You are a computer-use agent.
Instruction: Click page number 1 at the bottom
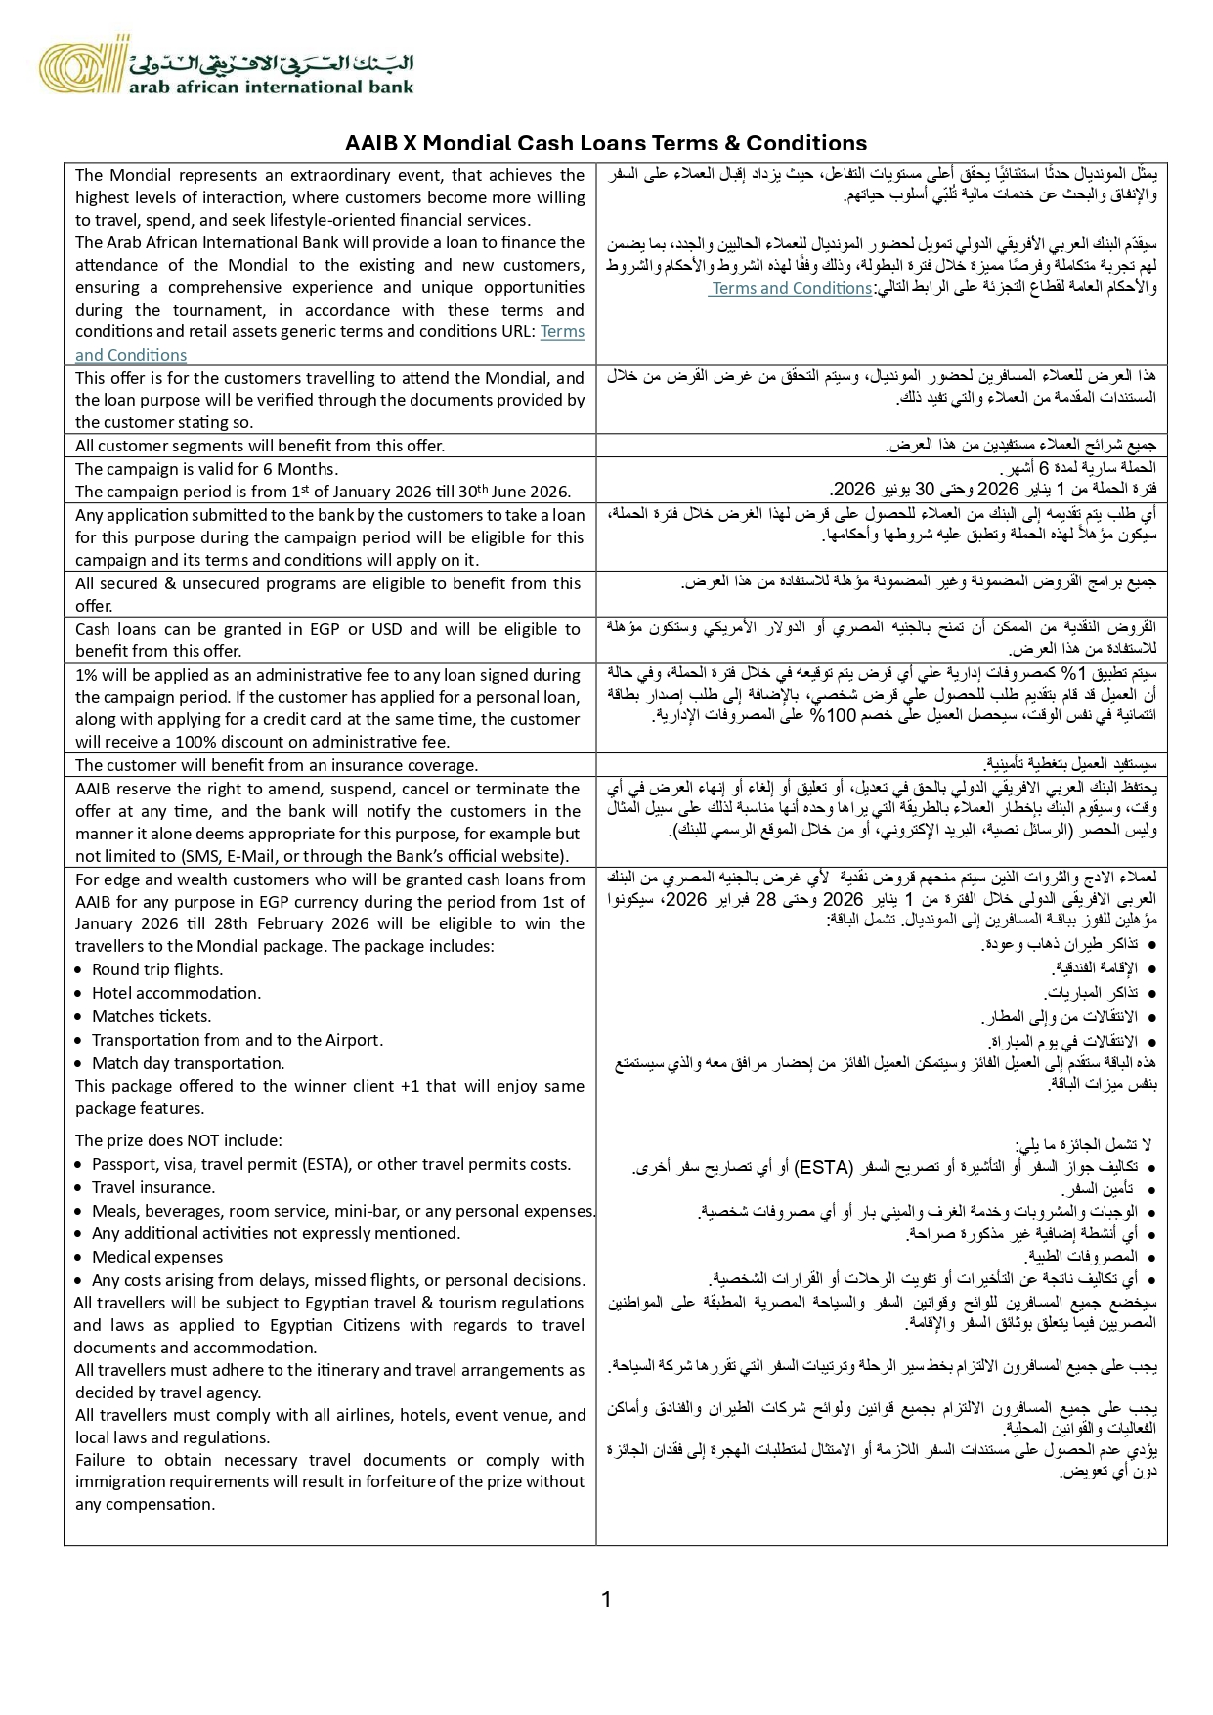click(x=606, y=1599)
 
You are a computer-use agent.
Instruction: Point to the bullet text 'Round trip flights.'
click(x=157, y=969)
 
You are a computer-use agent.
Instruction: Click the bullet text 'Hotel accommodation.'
click(x=176, y=993)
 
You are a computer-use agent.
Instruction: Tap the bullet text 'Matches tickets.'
click(x=152, y=1016)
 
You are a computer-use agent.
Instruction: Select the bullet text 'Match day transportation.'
click(x=188, y=1063)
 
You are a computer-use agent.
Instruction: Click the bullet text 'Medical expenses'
click(x=157, y=1257)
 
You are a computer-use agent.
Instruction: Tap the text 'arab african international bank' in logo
click(x=270, y=86)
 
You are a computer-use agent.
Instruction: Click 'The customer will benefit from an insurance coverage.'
click(x=277, y=765)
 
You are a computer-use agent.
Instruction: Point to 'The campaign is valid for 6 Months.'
click(x=207, y=469)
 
